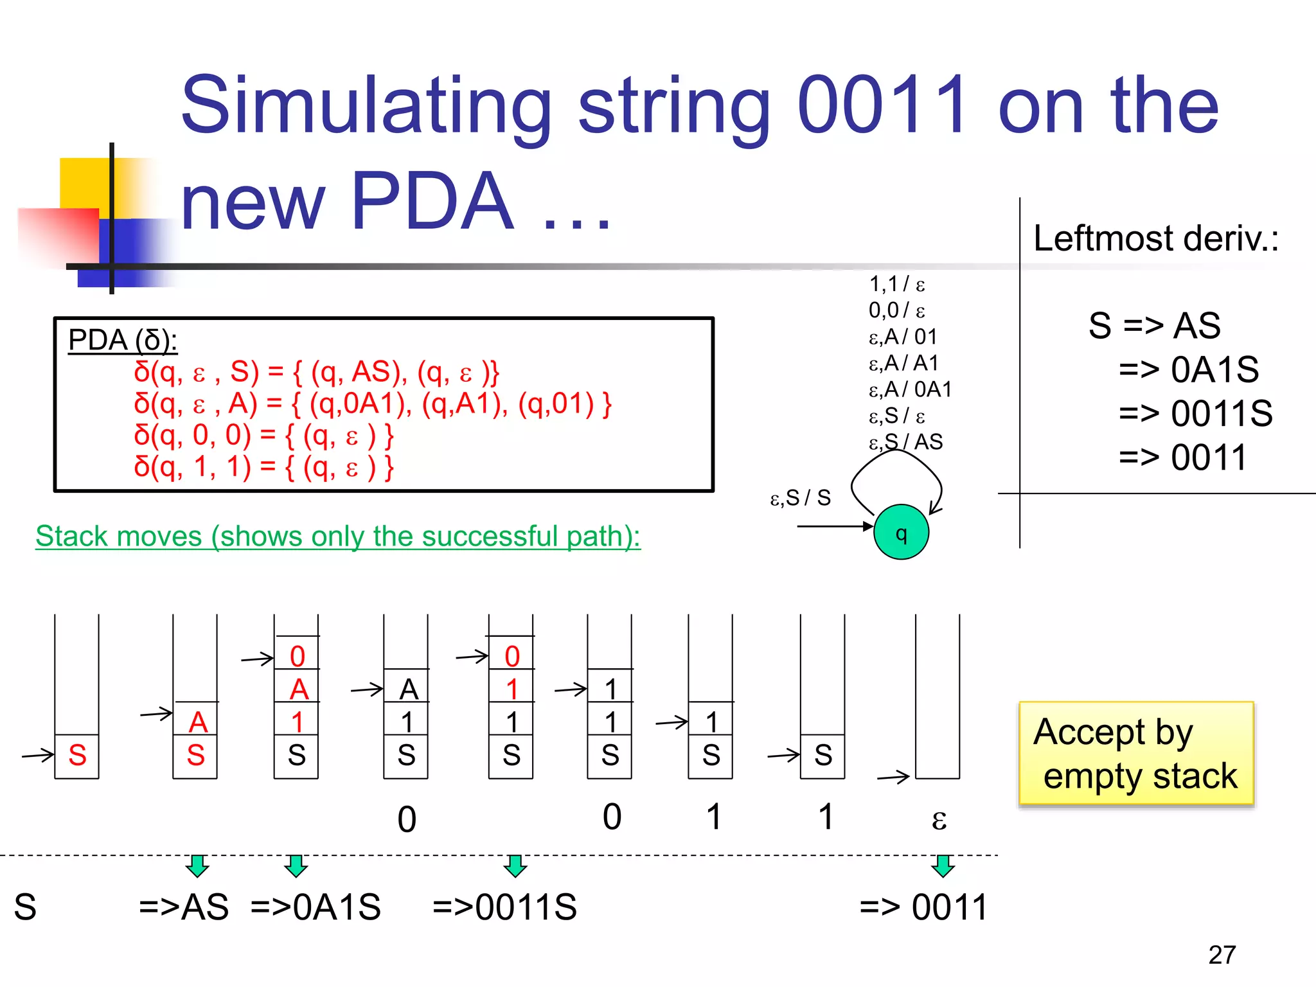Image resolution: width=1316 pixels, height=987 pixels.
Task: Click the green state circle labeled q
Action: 901,532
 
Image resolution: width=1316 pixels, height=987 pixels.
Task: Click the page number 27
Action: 1222,955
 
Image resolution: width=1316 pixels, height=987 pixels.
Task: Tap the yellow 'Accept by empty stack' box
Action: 1135,754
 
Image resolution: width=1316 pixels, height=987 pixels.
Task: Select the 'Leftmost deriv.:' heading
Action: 1155,238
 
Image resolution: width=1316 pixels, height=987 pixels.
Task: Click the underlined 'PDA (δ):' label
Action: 122,340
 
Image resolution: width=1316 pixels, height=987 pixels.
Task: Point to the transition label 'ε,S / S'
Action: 801,497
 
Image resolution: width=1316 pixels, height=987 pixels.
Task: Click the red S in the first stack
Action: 77,755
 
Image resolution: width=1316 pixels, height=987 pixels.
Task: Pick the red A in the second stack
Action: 198,722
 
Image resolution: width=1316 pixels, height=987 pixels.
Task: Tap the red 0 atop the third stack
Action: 297,656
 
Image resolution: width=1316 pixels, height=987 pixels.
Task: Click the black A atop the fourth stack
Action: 409,689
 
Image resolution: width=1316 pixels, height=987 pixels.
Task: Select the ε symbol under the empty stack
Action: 939,819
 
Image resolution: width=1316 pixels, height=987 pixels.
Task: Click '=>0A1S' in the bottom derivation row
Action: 316,907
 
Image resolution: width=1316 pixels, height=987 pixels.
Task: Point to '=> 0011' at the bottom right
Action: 923,907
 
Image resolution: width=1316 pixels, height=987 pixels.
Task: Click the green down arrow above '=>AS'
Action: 197,866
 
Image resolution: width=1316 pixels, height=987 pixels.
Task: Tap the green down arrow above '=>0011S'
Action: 515,866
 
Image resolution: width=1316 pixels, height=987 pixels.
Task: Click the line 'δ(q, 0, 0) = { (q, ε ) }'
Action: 263,436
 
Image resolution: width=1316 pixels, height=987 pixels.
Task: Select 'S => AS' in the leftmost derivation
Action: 1154,325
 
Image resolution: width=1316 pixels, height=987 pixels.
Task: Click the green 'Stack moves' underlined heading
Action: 337,536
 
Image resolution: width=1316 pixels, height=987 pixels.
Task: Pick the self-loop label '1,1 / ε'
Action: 896,284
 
